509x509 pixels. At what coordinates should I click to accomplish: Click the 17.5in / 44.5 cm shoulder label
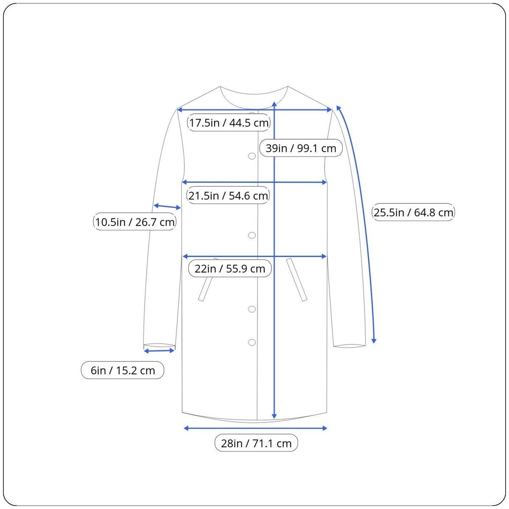point(229,123)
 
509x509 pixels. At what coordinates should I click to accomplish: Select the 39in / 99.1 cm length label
point(301,148)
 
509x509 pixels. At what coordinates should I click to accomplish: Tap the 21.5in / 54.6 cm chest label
point(228,196)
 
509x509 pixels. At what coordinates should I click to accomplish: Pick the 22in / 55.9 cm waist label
point(230,268)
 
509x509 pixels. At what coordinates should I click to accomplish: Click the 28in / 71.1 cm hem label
point(256,443)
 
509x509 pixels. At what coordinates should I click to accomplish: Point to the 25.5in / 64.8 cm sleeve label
point(414,213)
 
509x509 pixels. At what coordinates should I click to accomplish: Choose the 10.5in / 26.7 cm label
point(135,222)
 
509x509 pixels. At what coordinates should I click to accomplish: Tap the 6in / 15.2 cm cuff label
point(123,370)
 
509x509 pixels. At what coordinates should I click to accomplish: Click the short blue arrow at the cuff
point(159,351)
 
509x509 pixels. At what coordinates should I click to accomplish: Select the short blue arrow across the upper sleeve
point(167,207)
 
